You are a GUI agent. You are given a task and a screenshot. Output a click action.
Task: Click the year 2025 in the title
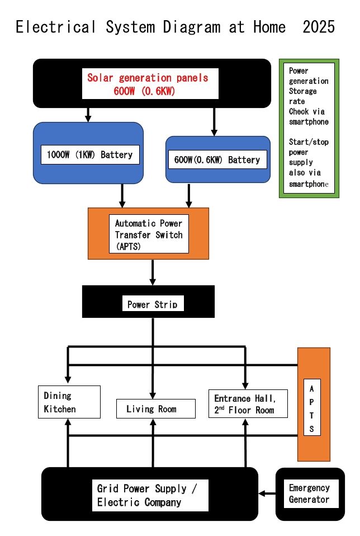coord(319,27)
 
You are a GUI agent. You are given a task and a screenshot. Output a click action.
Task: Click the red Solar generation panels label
coord(148,84)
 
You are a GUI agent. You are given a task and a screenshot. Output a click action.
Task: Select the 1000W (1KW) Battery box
coord(89,154)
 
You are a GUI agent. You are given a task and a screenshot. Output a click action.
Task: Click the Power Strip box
coord(152,304)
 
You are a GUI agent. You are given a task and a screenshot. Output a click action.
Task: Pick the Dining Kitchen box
coord(69,402)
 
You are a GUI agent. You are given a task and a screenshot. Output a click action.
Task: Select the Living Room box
coord(156,409)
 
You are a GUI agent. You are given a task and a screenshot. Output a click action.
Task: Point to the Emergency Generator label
coord(309,493)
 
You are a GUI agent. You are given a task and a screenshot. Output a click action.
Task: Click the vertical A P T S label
coord(312,408)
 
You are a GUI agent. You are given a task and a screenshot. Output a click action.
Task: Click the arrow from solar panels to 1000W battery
coord(88,115)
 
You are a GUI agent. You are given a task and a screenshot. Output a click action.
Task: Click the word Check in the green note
coord(299,111)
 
